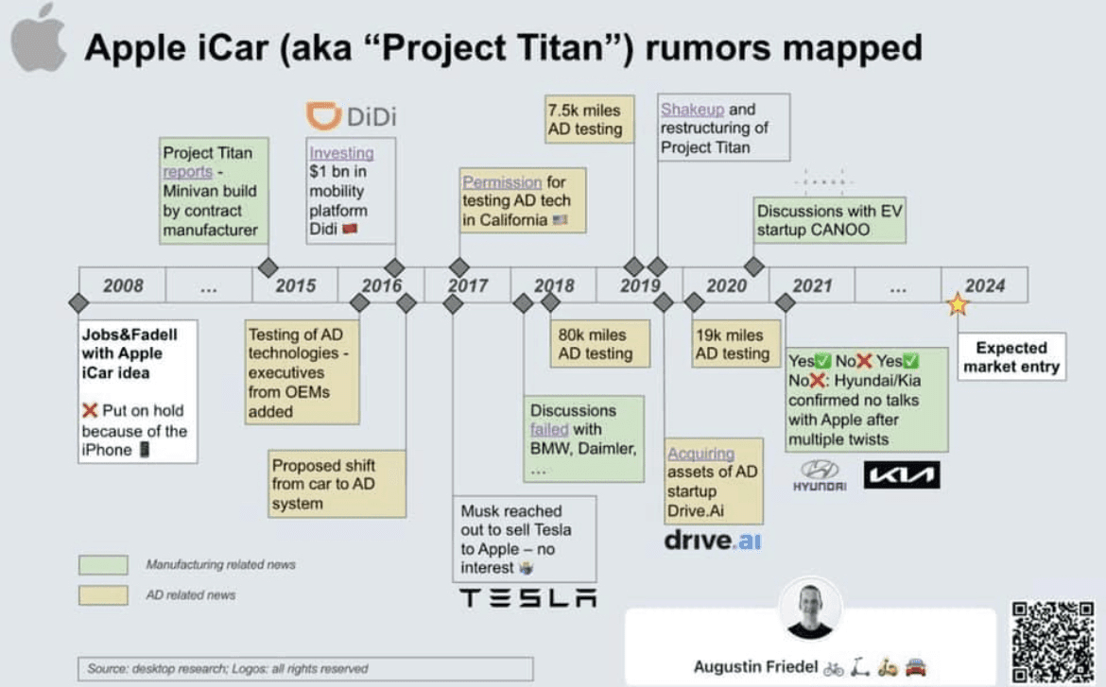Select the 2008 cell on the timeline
pos(123,285)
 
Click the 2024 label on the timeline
pos(984,285)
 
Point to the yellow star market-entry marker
pos(958,304)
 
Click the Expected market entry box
pos(1011,356)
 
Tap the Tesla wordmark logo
pos(527,597)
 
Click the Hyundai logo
pos(820,475)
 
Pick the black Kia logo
pos(901,474)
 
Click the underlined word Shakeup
pos(692,110)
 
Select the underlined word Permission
pos(502,182)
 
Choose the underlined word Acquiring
pos(700,454)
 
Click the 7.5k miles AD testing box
pos(590,119)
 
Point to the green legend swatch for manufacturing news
pos(103,565)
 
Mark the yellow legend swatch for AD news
pos(103,594)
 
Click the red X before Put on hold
pos(90,411)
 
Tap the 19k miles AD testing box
pos(733,344)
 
